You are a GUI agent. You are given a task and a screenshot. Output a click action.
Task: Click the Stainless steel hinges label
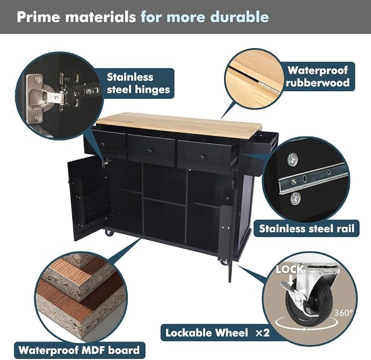(x=138, y=83)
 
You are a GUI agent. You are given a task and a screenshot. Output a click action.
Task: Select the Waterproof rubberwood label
(x=317, y=76)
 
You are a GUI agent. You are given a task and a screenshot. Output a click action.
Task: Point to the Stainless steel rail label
(x=307, y=228)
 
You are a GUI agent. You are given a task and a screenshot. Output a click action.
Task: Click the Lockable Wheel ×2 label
(x=217, y=333)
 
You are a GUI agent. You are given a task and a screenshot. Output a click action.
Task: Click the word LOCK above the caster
(x=290, y=269)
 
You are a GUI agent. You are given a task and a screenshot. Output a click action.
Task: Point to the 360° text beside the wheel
(x=343, y=312)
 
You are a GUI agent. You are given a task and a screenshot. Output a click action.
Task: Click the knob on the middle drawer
(x=150, y=151)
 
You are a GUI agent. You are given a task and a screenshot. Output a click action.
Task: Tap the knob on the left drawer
(x=103, y=144)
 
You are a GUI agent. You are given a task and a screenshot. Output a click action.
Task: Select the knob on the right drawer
(x=202, y=157)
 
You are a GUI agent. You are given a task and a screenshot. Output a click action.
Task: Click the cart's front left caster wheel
(x=109, y=232)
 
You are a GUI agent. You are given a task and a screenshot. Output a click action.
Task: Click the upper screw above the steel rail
(x=293, y=159)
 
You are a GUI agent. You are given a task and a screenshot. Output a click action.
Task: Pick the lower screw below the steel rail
(x=296, y=198)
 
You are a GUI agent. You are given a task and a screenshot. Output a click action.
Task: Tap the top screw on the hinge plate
(x=38, y=79)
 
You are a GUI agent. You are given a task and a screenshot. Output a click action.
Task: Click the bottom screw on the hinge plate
(x=38, y=117)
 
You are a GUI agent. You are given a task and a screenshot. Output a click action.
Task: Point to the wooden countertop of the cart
(x=180, y=125)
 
